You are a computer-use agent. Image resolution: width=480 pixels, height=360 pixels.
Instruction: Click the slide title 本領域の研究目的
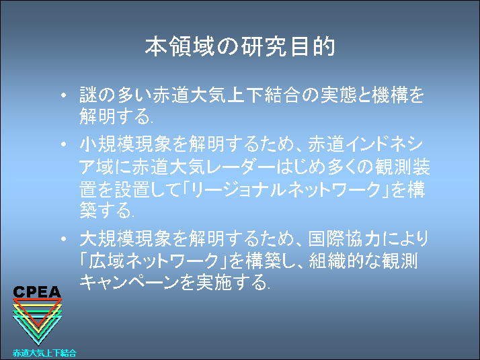[x=240, y=47]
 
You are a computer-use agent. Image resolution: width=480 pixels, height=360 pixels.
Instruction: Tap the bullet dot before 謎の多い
[x=64, y=95]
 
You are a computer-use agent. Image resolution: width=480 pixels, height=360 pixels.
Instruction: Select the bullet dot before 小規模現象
[x=64, y=144]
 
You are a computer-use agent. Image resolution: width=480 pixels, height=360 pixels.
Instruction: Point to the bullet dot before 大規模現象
[x=64, y=238]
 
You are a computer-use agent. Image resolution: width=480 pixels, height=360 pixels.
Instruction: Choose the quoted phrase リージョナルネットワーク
[x=284, y=189]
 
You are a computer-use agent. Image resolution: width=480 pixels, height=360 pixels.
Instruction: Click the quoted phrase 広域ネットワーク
[x=153, y=261]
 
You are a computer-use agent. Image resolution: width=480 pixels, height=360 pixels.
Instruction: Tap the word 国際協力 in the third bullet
[x=344, y=238]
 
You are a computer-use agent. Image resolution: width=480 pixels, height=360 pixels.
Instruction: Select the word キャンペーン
[x=129, y=282]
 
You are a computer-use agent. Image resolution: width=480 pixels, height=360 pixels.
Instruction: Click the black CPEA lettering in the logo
[x=37, y=292]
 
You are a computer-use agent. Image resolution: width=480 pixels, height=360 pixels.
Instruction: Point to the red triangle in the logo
[x=38, y=313]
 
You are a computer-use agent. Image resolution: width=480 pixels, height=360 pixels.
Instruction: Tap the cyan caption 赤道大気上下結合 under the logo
[x=44, y=353]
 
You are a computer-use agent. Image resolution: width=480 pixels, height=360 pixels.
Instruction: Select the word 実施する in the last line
[x=233, y=282]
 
